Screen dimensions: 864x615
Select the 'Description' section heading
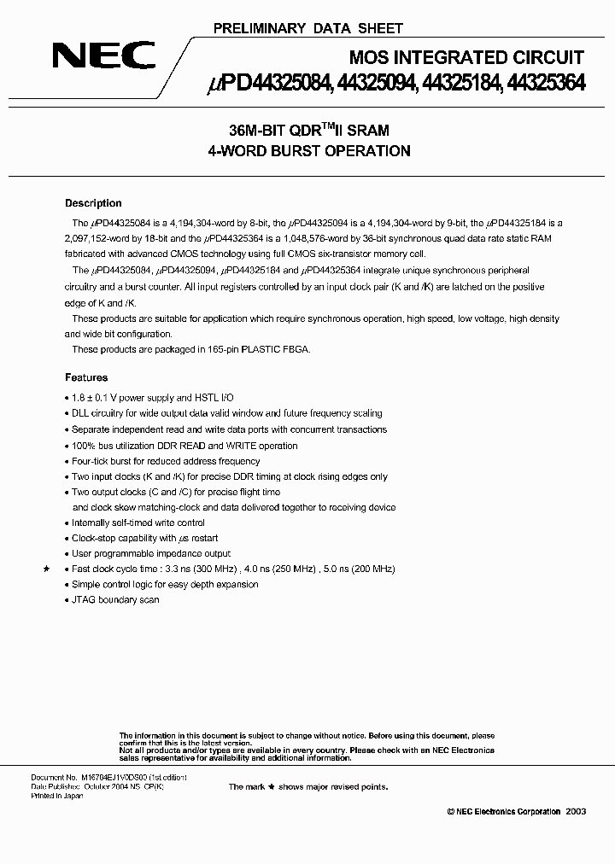[93, 203]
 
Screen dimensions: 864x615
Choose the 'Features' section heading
[86, 377]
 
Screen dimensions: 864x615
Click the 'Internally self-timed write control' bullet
[138, 522]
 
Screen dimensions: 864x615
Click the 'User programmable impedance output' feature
[139, 553]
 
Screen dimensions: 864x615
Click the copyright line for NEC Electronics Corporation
[504, 811]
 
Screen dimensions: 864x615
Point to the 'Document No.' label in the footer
[54, 778]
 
